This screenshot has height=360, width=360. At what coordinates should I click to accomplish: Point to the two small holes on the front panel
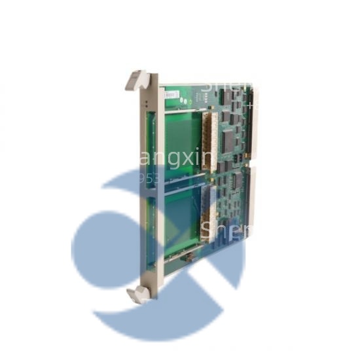pos(144,104)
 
